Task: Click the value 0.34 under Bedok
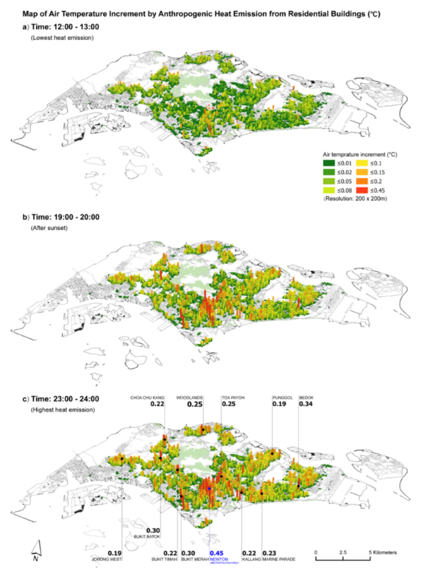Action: (306, 404)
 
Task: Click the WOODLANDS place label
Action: (189, 397)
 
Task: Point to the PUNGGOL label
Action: (282, 397)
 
